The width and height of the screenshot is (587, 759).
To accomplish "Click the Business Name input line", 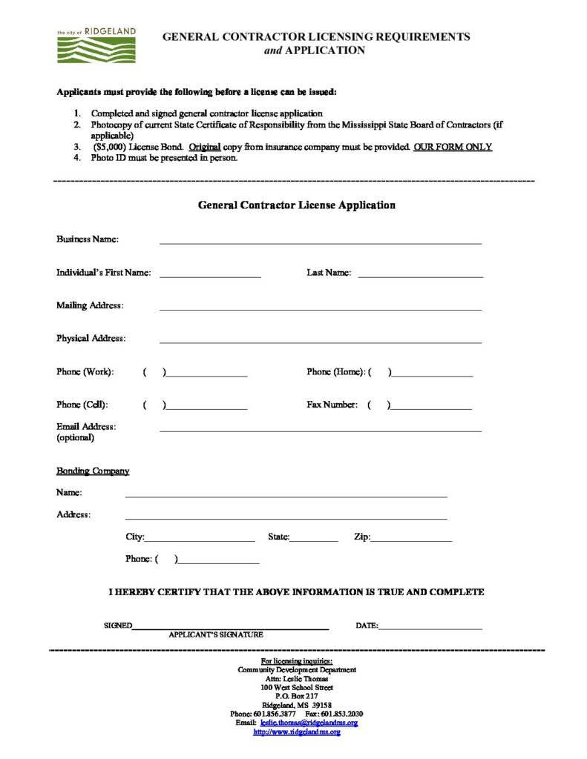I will (320, 241).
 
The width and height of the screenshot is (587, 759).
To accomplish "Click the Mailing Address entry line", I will (320, 308).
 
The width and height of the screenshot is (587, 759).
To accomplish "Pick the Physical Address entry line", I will (320, 341).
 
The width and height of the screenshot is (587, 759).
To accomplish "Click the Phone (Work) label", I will (85, 371).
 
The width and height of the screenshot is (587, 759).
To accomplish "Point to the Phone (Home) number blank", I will (431, 374).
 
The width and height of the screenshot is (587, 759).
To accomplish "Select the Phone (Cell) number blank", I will (206, 408).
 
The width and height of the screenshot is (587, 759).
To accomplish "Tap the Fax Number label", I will (332, 405).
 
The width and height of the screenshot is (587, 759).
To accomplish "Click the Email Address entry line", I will (320, 429).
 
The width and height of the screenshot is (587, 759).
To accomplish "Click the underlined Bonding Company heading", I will (93, 471).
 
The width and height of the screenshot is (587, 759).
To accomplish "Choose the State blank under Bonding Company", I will (314, 539).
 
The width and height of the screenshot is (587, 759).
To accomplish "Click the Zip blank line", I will (410, 539).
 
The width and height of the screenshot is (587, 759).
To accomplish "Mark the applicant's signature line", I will (230, 627).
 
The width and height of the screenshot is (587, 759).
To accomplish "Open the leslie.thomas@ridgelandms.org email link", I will (309, 722).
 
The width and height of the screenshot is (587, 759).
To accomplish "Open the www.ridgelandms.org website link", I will (297, 732).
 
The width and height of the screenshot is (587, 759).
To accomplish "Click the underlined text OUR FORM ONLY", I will (453, 147).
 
